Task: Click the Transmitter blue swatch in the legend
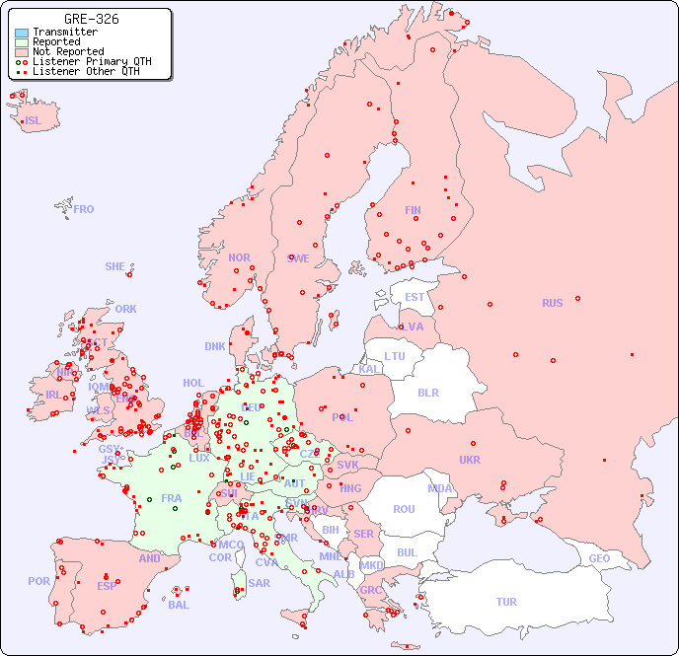(22, 33)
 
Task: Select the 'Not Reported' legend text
(68, 52)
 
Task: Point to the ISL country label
(34, 121)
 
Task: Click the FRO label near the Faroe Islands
(84, 209)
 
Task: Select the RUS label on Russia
(552, 303)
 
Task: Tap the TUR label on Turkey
(506, 602)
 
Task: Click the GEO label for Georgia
(599, 558)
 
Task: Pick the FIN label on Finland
(413, 210)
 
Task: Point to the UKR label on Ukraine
(470, 460)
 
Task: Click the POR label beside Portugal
(38, 581)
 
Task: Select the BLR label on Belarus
(428, 392)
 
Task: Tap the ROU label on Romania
(405, 509)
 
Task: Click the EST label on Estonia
(415, 297)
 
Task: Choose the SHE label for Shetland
(115, 266)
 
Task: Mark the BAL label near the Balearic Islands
(179, 605)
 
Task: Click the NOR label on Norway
(239, 257)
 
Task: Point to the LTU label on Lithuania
(395, 356)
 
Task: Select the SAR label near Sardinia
(259, 583)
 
